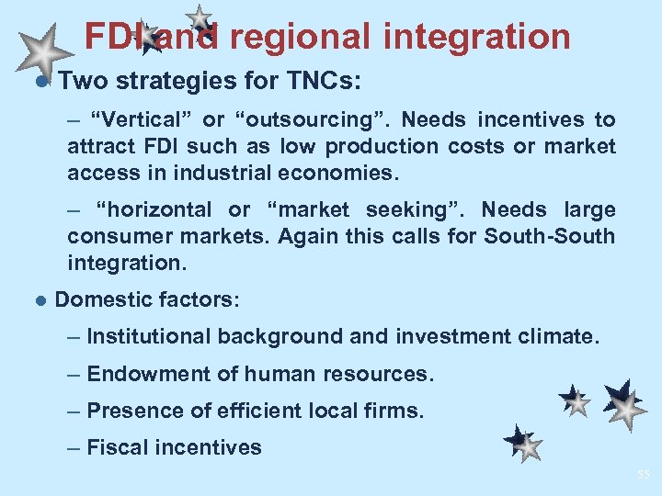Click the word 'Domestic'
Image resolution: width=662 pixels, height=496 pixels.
101,299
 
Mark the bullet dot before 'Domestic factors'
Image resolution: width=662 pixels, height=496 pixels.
39,300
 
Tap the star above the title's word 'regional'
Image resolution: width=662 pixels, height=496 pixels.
199,17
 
